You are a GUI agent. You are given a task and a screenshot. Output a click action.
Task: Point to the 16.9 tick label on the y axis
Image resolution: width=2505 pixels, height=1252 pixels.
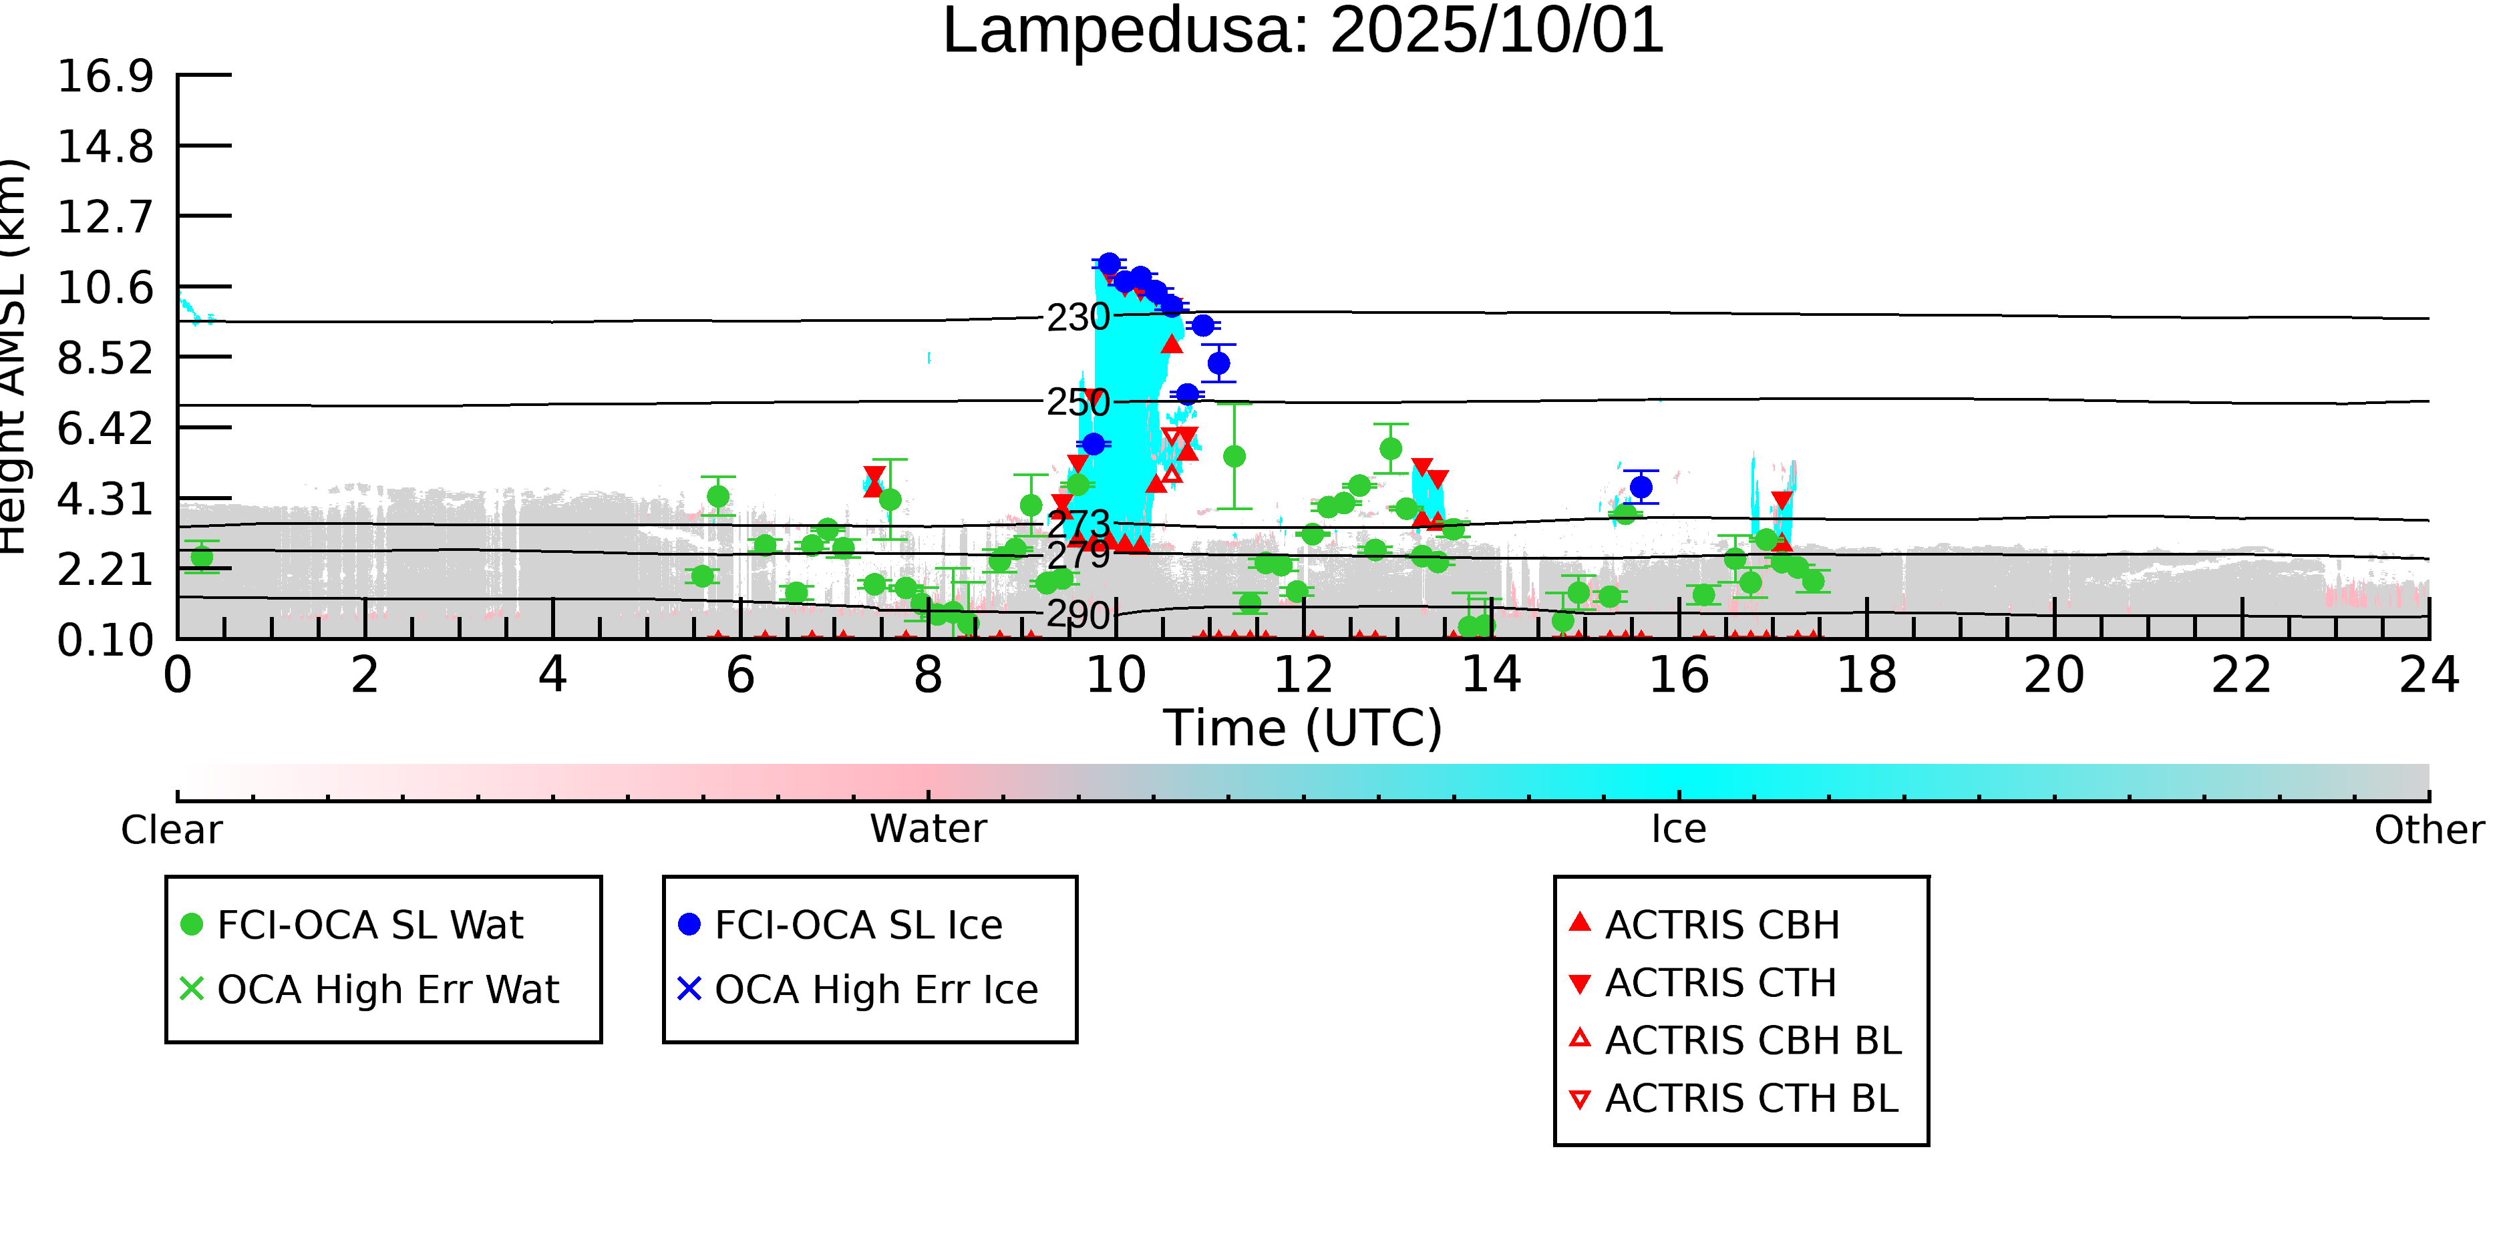pos(105,76)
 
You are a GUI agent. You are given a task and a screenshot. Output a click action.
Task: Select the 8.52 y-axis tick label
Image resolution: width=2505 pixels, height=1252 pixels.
pos(105,358)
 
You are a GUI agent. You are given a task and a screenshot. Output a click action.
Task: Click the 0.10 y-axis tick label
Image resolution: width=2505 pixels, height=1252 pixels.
pos(105,640)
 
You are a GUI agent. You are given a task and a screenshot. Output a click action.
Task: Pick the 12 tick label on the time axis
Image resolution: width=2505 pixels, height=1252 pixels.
pos(1303,676)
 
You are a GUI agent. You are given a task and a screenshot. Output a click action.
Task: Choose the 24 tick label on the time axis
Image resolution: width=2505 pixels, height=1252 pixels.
pos(2428,676)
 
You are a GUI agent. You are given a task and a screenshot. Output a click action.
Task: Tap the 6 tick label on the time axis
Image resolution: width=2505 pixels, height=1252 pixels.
pos(740,676)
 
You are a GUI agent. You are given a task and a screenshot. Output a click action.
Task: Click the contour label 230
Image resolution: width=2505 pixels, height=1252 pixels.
pos(1077,318)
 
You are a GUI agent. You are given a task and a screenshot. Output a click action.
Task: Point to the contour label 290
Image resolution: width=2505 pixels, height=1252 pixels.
pos(1077,615)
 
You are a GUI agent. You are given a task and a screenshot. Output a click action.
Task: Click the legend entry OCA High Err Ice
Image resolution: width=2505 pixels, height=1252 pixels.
pos(875,990)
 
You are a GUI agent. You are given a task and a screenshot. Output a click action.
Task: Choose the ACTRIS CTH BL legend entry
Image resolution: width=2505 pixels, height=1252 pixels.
pos(1750,1099)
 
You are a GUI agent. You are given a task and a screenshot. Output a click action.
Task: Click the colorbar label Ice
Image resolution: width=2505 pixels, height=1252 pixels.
pos(1679,830)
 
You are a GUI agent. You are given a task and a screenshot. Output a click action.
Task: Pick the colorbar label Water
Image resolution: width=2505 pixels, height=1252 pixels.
pos(928,830)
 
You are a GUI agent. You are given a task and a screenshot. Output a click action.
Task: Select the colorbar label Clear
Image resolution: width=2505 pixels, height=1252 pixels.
pos(171,830)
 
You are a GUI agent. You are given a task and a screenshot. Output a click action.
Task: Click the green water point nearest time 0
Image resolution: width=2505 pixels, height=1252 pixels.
pos(201,557)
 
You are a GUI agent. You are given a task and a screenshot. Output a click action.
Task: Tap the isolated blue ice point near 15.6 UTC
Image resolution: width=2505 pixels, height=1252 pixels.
pos(1641,487)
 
